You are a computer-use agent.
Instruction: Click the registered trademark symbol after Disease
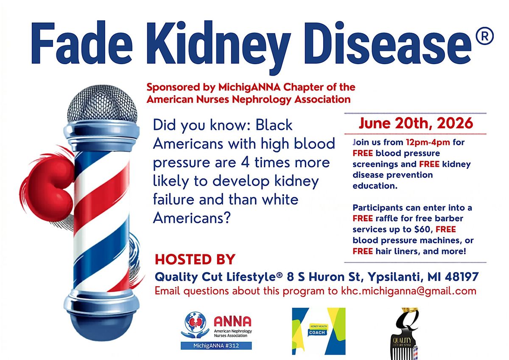[484, 36]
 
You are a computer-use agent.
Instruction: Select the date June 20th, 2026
[416, 124]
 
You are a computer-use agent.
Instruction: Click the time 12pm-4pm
[428, 142]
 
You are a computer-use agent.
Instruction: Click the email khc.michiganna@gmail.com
[408, 291]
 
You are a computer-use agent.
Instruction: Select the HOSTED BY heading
[195, 260]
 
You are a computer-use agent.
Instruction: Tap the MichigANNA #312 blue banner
[216, 346]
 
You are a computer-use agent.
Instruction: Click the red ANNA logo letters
[232, 321]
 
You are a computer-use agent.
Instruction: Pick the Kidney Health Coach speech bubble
[318, 330]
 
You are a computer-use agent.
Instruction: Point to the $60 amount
[423, 229]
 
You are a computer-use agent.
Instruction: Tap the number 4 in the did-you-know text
[245, 163]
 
